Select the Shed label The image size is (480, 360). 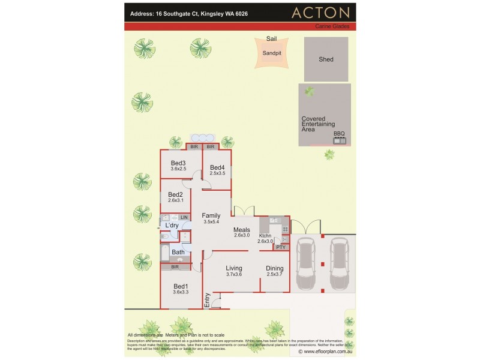coord(326,59)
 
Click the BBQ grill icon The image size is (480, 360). coord(340,140)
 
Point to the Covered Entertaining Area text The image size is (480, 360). coord(316,124)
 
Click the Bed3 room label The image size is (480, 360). coord(178,163)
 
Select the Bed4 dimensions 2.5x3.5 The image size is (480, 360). coord(217,173)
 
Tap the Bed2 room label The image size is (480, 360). coord(175,194)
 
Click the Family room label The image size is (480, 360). coord(211,215)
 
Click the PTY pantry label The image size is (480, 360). coord(281,247)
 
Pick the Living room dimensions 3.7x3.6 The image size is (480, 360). coord(233,275)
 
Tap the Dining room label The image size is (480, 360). coord(275,268)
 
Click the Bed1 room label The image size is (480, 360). coord(181,286)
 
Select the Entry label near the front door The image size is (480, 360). coord(208,300)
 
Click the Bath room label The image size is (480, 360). coord(178,253)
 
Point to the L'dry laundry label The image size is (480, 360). coord(172,225)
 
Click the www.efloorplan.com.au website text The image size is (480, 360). coord(327,352)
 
